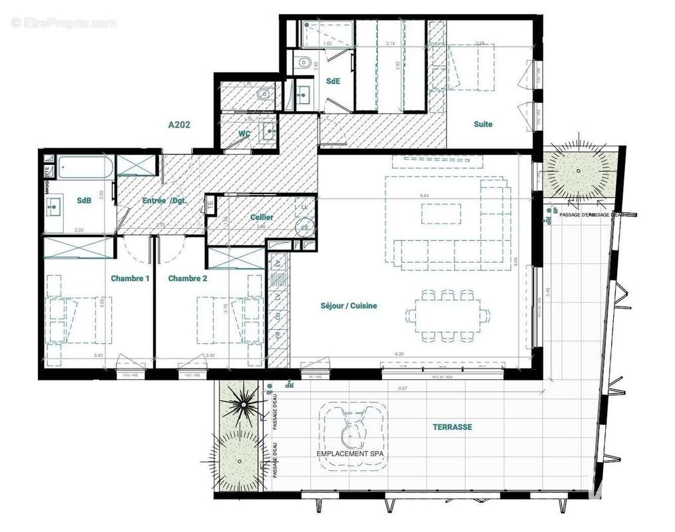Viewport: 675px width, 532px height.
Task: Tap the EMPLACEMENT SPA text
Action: click(351, 454)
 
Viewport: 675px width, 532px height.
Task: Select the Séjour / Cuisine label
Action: click(349, 306)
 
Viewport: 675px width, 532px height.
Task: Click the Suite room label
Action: click(483, 124)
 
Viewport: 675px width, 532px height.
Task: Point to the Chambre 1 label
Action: click(130, 279)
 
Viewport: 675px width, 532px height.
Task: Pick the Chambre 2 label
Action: click(188, 279)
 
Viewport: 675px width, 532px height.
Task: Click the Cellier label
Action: click(262, 217)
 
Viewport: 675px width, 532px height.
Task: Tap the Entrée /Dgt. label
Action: click(164, 201)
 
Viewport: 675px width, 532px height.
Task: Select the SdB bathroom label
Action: click(85, 200)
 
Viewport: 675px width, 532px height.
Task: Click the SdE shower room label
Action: click(333, 81)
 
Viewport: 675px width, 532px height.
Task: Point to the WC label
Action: click(244, 134)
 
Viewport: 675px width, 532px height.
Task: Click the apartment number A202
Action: click(180, 124)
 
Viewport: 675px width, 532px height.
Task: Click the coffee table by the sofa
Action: click(440, 213)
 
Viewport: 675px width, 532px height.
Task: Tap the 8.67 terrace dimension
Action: click(403, 387)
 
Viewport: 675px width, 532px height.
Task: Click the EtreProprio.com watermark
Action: click(63, 23)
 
